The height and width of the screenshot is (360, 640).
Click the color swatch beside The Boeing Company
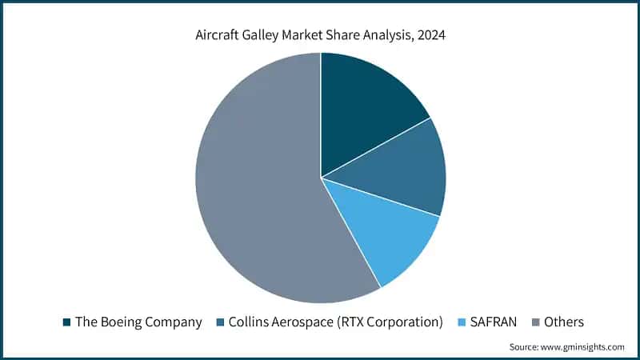tap(67, 322)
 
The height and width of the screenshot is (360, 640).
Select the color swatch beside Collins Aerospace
tap(220, 322)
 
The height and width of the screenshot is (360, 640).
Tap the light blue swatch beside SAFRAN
tap(461, 322)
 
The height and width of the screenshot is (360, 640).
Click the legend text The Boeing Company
tap(138, 322)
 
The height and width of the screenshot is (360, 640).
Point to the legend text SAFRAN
tap(493, 322)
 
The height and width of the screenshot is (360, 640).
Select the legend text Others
tap(564, 322)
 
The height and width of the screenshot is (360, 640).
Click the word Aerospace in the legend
tap(313, 322)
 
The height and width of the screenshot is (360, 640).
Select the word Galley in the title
tap(268, 35)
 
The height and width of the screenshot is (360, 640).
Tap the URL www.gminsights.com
tap(583, 346)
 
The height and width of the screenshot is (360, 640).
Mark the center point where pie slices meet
tap(321, 178)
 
